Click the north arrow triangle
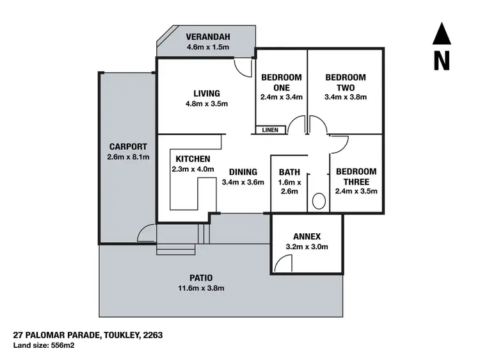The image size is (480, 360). click(440, 35)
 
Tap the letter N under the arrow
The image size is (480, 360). click(440, 61)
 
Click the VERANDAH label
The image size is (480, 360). click(207, 36)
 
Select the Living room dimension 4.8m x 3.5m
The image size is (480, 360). click(207, 104)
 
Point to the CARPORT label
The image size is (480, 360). click(128, 146)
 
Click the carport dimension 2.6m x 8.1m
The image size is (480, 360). click(128, 157)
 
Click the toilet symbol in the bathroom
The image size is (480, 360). click(319, 201)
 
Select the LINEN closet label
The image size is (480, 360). click(270, 130)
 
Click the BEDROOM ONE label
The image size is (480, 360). click(281, 82)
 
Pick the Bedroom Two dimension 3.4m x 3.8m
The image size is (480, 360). click(346, 98)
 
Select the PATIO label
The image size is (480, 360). click(202, 277)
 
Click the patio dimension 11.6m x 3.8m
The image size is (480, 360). click(202, 288)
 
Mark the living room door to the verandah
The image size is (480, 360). click(241, 67)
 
